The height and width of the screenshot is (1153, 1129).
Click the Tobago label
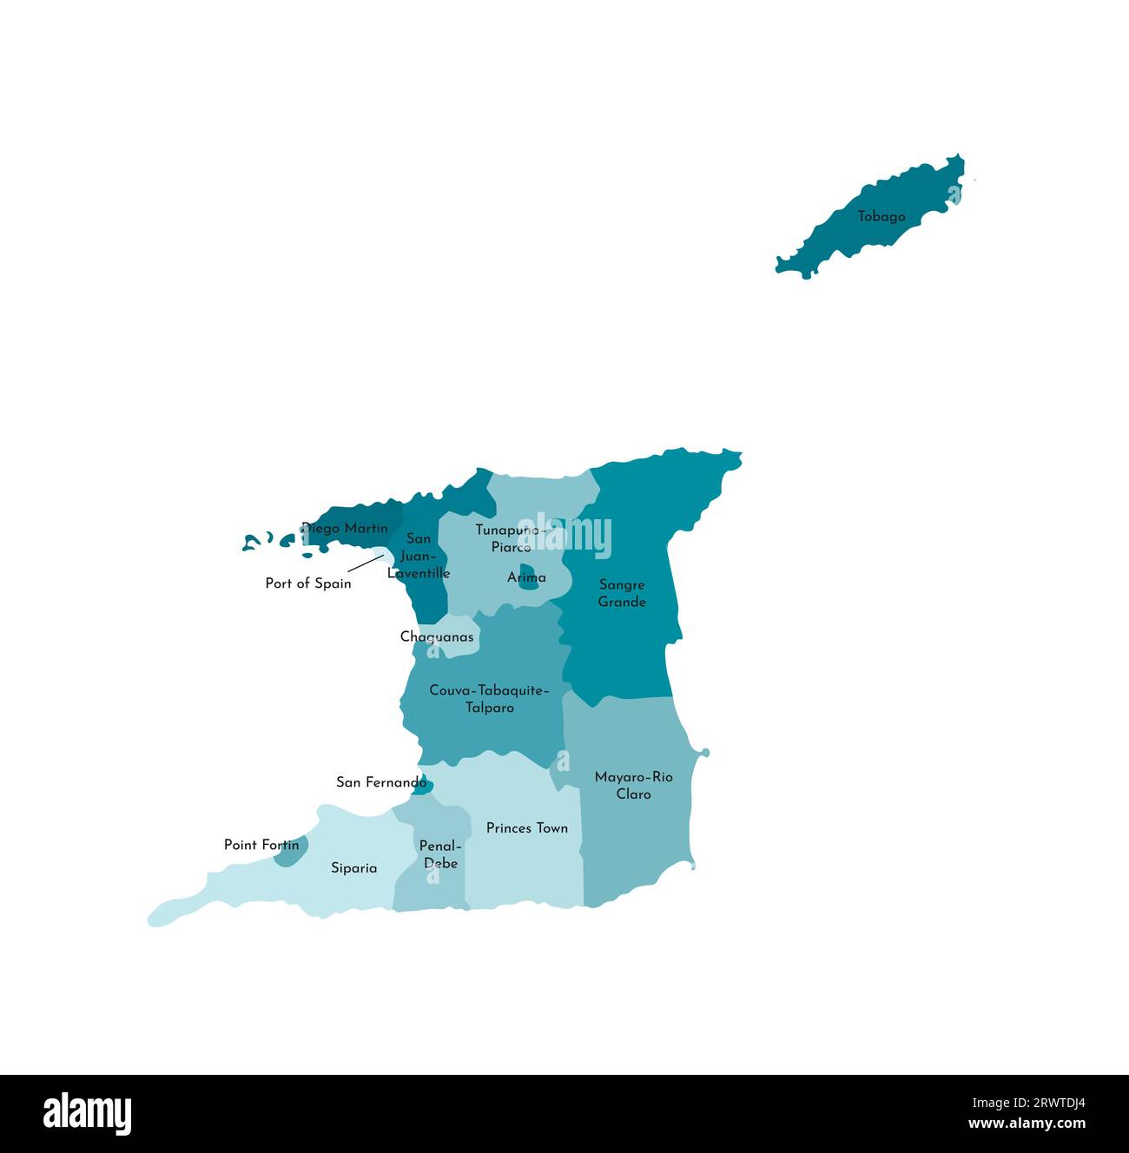(x=881, y=217)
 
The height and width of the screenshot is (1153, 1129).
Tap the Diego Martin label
(x=345, y=528)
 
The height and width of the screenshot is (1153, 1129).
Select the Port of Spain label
(x=308, y=583)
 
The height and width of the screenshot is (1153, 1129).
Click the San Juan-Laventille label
(x=419, y=556)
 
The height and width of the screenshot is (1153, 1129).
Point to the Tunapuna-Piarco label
(x=511, y=538)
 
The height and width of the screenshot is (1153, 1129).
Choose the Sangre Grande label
(x=622, y=594)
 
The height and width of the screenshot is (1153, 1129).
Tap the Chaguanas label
(x=437, y=637)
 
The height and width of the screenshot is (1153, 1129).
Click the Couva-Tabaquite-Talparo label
(x=489, y=699)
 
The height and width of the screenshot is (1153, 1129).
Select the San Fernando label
(x=381, y=782)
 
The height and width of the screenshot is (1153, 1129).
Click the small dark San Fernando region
(x=423, y=787)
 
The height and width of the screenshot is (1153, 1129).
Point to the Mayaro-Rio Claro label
(x=633, y=786)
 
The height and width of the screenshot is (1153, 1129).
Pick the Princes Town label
(x=527, y=828)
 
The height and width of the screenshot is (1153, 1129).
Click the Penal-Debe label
(x=440, y=854)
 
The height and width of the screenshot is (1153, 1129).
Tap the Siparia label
(x=354, y=868)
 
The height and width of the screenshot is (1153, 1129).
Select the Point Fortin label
(x=261, y=845)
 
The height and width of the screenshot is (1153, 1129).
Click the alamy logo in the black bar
(x=87, y=1114)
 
